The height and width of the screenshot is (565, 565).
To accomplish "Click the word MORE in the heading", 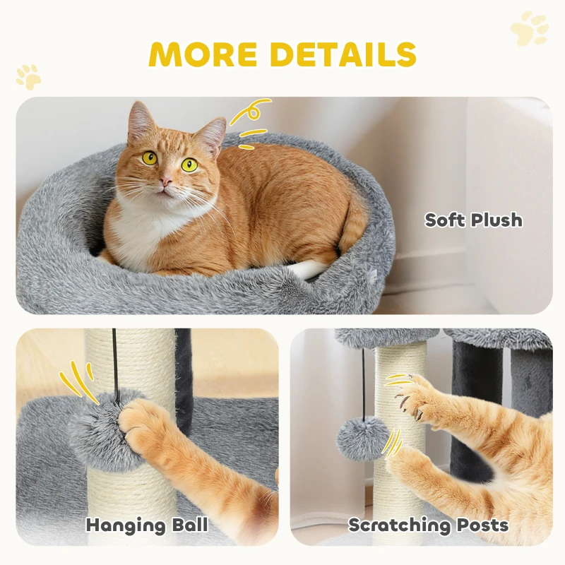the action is [x=203, y=54].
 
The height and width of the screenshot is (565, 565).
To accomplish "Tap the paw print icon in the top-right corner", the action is [x=530, y=29].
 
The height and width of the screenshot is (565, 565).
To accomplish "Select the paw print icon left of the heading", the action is [x=29, y=77].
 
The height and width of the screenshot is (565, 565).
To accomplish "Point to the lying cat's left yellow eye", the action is [x=150, y=158].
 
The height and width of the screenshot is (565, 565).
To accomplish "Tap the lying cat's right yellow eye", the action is [x=189, y=165].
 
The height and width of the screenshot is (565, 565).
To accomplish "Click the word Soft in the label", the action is [x=445, y=220].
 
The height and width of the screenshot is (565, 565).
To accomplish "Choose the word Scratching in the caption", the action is [x=399, y=525].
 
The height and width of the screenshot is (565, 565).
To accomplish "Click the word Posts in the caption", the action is [x=483, y=525].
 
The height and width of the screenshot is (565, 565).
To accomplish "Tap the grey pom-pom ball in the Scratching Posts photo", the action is [x=363, y=439].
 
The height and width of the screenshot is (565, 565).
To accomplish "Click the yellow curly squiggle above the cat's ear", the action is [x=251, y=111].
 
